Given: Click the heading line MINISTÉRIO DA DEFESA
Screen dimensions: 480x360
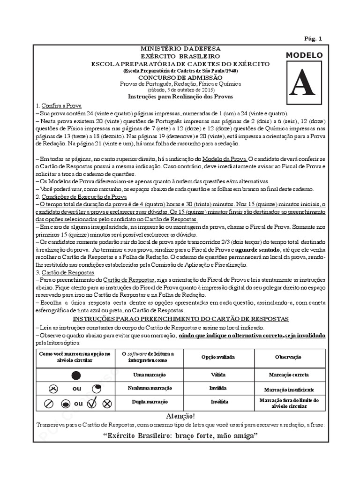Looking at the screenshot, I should point(180,49).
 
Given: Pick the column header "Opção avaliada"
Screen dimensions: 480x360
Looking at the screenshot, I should point(218,357).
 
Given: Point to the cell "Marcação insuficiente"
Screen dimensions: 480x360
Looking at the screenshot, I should point(289,390).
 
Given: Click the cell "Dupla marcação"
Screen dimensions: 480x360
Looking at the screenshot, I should point(150,402).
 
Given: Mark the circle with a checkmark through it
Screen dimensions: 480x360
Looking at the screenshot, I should point(92,402).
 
